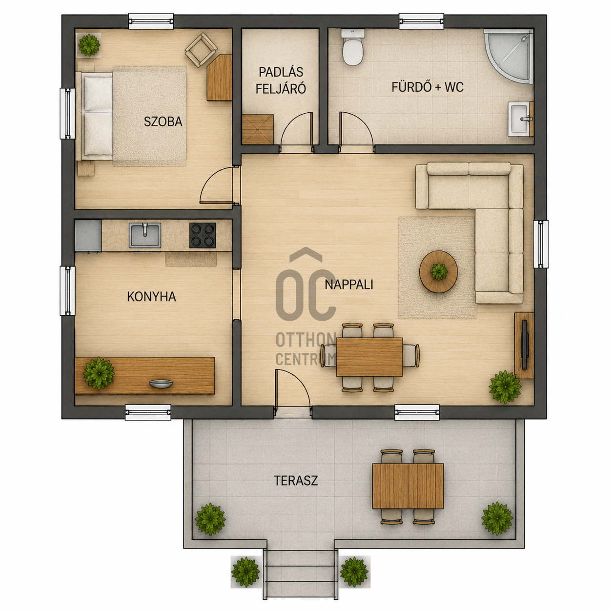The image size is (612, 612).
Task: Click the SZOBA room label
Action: (x=163, y=122)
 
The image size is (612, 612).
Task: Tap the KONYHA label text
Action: (x=151, y=297)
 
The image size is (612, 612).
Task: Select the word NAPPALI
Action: (x=349, y=285)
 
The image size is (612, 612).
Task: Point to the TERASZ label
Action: (x=296, y=481)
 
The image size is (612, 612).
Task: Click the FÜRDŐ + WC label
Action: (x=428, y=87)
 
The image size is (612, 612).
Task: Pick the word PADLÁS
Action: (x=281, y=72)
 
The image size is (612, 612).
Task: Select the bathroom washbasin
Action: (x=521, y=119)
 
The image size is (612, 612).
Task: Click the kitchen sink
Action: (x=145, y=235)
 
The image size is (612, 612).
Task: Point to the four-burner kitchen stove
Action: (x=203, y=235)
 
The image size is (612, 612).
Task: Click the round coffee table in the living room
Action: (x=439, y=271)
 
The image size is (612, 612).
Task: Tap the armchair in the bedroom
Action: (x=201, y=50)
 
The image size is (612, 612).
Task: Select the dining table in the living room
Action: (x=369, y=357)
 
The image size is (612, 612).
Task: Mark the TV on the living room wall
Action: (x=524, y=345)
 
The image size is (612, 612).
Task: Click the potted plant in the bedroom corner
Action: (x=89, y=45)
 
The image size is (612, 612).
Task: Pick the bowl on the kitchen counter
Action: (x=162, y=384)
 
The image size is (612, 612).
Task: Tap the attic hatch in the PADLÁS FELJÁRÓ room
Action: (x=258, y=129)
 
